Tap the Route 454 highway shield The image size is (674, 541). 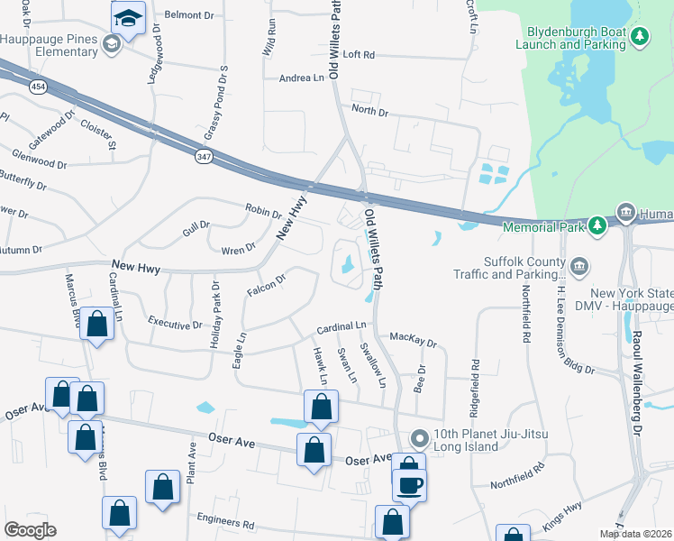point(37,87)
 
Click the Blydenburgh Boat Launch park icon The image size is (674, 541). point(640,36)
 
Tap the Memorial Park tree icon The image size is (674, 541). point(596,225)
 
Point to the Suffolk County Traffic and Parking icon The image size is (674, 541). point(579,266)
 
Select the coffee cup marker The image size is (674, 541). point(409,485)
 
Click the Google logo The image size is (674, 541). point(31,530)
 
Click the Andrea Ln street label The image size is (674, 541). point(301,78)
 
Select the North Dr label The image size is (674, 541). point(369,112)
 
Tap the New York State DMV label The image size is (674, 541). point(631,301)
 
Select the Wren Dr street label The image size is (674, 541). point(238,246)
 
